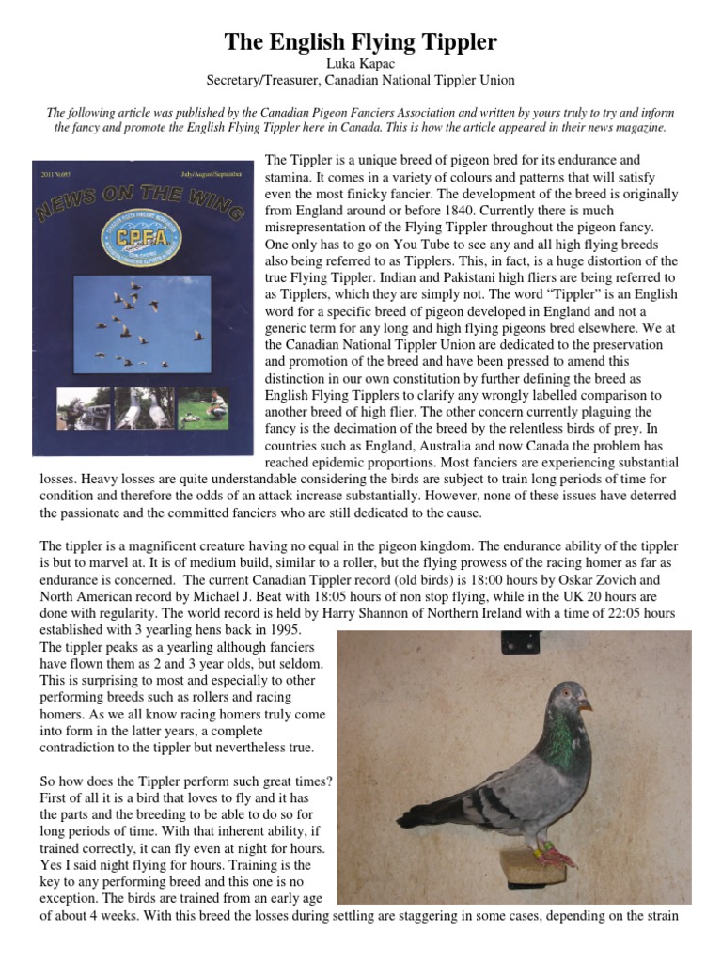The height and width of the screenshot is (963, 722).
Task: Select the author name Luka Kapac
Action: click(361, 64)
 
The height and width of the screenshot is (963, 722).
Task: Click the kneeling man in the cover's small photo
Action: click(215, 403)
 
